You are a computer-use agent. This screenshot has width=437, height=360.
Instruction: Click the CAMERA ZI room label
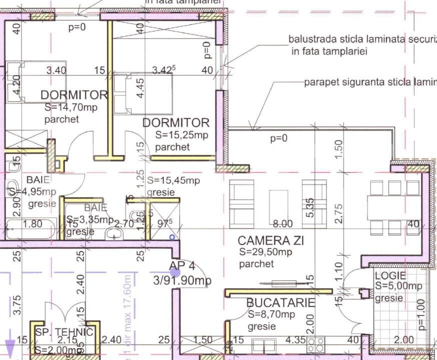[x=270, y=240]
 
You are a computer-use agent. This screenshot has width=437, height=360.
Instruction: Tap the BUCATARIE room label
[x=280, y=302]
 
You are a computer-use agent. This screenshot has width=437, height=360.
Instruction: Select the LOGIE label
[x=390, y=275]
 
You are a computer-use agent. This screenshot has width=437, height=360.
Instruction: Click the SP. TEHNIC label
[x=64, y=332]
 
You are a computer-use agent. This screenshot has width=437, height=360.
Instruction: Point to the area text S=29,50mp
[x=265, y=252]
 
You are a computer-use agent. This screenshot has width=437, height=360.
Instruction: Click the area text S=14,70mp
[x=70, y=107]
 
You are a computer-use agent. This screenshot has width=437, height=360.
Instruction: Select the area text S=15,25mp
[x=181, y=134]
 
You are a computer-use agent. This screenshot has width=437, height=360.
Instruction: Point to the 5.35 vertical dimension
[x=310, y=208]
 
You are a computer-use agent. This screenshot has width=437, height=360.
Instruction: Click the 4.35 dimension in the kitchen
[x=295, y=340]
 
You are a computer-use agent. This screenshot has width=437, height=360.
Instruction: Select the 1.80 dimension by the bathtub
[x=33, y=224]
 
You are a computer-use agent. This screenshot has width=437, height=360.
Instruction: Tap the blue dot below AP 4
[x=174, y=272]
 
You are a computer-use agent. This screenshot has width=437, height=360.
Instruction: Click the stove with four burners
[x=315, y=345]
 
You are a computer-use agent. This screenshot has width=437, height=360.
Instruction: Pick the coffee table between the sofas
[x=278, y=205]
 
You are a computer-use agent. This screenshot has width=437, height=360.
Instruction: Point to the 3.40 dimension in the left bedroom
[x=56, y=70]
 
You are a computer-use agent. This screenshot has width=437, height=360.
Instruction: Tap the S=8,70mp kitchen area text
[x=271, y=314]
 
